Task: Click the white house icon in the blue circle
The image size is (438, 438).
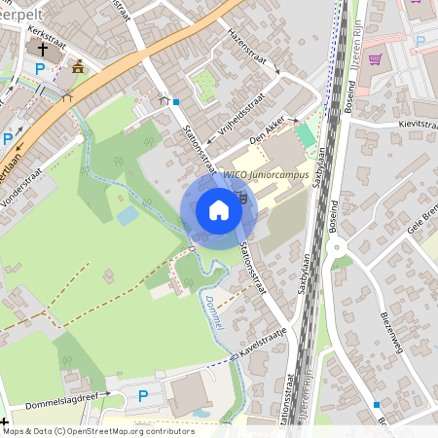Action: click(219, 210)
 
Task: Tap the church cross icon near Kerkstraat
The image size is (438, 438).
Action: click(42, 47)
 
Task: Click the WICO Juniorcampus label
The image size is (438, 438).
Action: click(266, 174)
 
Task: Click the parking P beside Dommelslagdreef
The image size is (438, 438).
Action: click(143, 395)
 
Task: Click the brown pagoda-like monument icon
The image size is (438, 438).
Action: click(78, 66)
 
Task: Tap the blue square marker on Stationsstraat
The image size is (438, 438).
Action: click(176, 100)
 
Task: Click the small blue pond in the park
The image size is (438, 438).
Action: click(127, 215)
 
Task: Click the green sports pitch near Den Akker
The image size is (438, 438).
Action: click(306, 135)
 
